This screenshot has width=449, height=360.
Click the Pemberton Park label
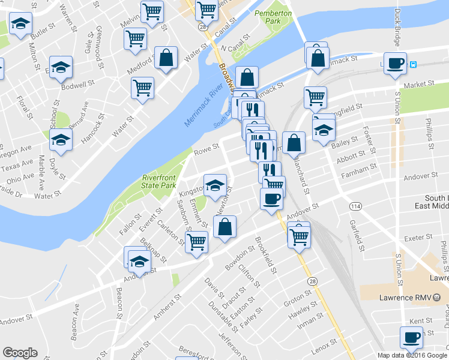(x=273, y=17)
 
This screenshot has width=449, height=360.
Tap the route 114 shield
(x=355, y=206)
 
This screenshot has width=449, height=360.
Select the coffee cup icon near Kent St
(x=411, y=337)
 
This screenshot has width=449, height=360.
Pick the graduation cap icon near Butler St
(x=20, y=25)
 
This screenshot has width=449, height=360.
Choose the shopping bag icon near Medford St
(x=166, y=58)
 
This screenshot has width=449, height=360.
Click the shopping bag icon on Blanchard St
(x=294, y=142)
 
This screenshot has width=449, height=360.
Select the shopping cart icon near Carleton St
(x=196, y=242)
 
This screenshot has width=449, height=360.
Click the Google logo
(x=20, y=353)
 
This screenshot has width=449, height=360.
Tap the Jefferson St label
(x=232, y=342)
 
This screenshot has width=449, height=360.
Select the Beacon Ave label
(x=76, y=322)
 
